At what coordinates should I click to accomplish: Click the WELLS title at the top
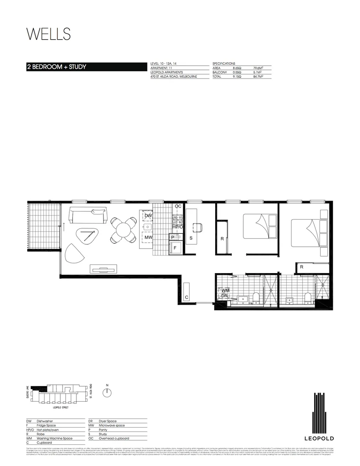point(48,34)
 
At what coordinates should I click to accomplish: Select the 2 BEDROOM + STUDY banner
point(56,67)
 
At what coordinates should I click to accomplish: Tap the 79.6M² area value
point(257,68)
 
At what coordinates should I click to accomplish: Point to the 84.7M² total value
point(257,76)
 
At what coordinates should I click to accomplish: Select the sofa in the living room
point(89,215)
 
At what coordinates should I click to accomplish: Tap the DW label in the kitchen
point(148,216)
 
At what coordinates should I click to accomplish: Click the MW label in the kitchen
point(148,237)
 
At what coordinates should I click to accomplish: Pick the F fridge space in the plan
point(175,248)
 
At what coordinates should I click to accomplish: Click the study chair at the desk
point(197,227)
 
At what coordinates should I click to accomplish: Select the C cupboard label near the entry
point(186,297)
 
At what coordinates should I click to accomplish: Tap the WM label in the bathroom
point(225,291)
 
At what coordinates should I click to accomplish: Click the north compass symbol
point(107,392)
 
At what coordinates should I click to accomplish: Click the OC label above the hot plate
point(177,207)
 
